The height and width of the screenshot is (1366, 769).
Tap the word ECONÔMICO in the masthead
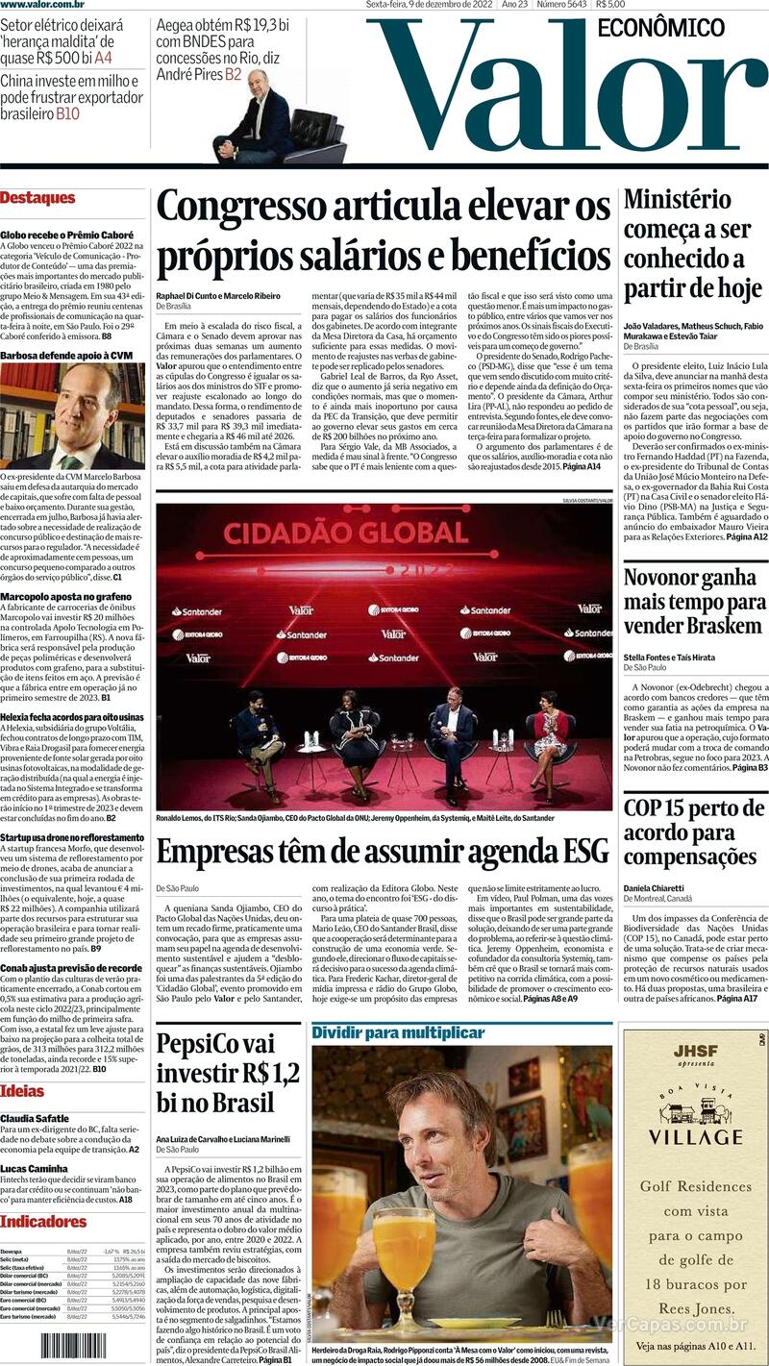[660, 28]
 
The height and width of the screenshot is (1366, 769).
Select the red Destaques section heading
[37, 198]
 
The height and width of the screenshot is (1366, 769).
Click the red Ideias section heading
[22, 1091]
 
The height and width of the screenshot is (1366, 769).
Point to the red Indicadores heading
[43, 1222]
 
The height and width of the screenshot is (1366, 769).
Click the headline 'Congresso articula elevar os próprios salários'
[384, 232]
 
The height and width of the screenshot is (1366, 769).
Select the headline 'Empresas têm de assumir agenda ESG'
[383, 852]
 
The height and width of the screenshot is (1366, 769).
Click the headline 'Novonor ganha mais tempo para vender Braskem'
[694, 602]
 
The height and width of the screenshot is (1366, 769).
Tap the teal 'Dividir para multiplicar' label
[397, 1032]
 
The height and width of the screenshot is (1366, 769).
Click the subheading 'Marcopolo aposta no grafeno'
[66, 596]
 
